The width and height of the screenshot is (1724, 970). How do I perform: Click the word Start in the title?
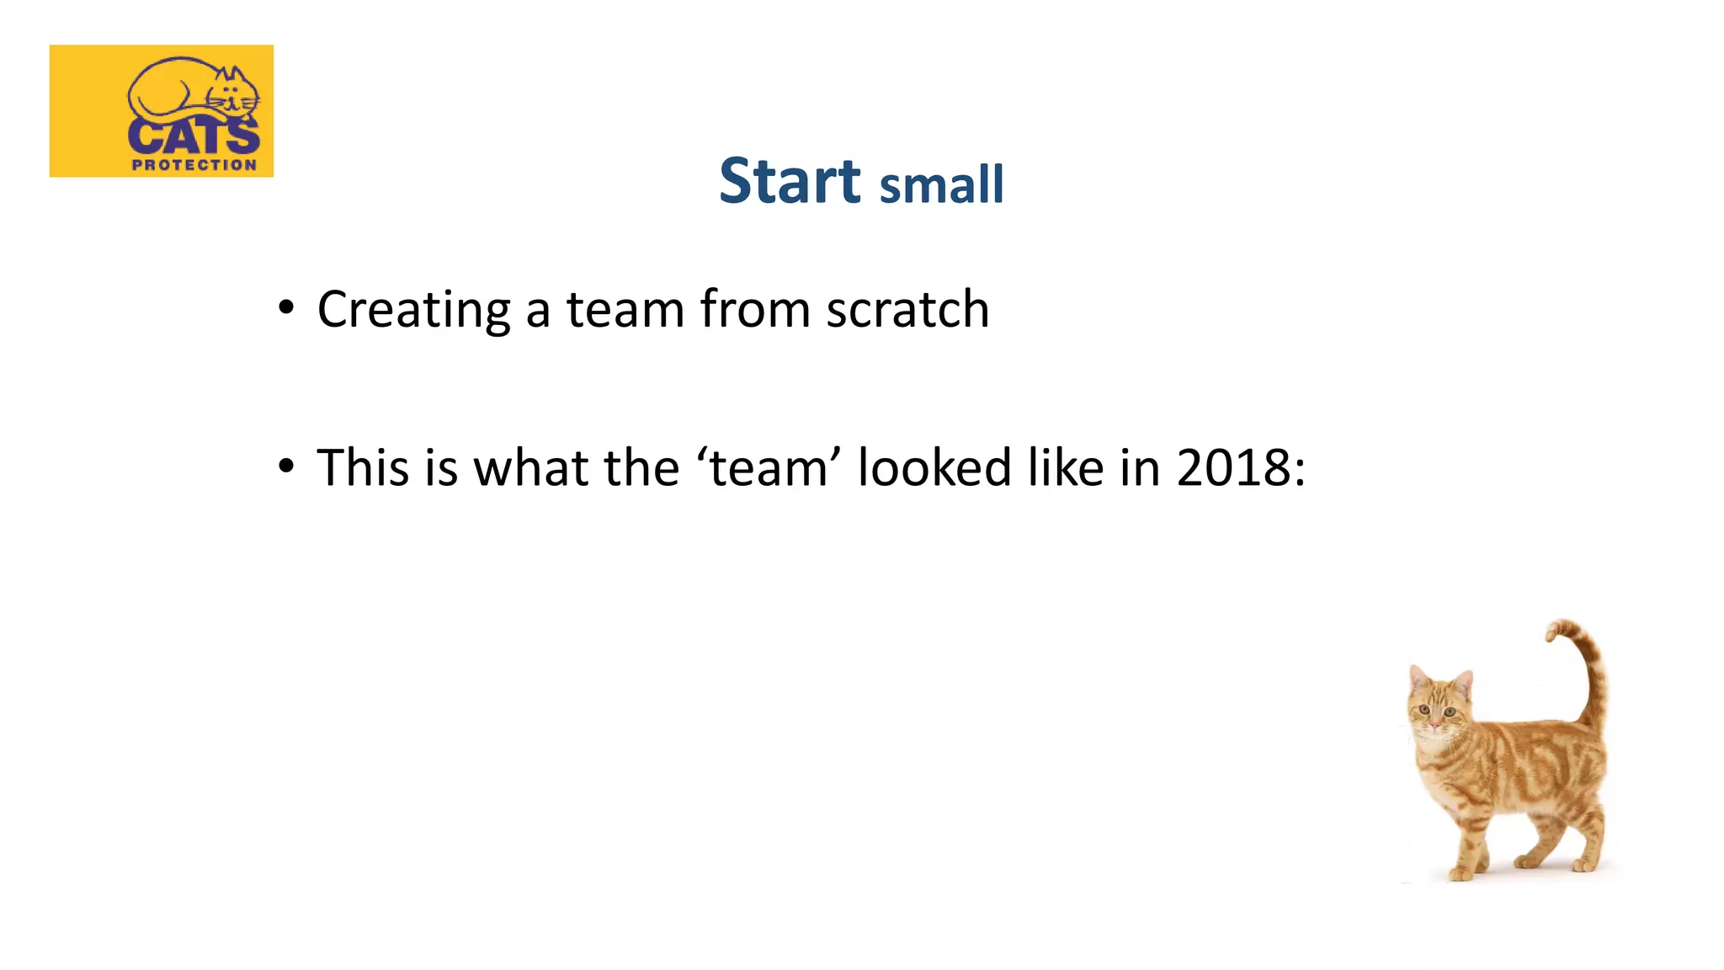pos(790,181)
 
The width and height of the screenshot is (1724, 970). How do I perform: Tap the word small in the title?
pos(941,185)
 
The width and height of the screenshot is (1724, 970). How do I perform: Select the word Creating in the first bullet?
pos(413,310)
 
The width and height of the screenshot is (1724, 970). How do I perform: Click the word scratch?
pos(907,309)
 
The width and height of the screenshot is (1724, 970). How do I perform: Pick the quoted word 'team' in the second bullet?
pos(768,467)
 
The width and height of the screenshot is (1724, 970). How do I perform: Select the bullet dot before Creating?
pos(286,307)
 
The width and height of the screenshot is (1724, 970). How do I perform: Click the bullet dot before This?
pos(286,466)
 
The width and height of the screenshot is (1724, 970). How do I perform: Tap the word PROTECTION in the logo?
pos(194,165)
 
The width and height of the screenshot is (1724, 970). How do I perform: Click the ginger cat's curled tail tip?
pos(1554,632)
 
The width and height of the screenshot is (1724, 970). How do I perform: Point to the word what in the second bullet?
pos(529,467)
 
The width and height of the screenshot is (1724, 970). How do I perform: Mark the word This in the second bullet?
pos(363,467)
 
